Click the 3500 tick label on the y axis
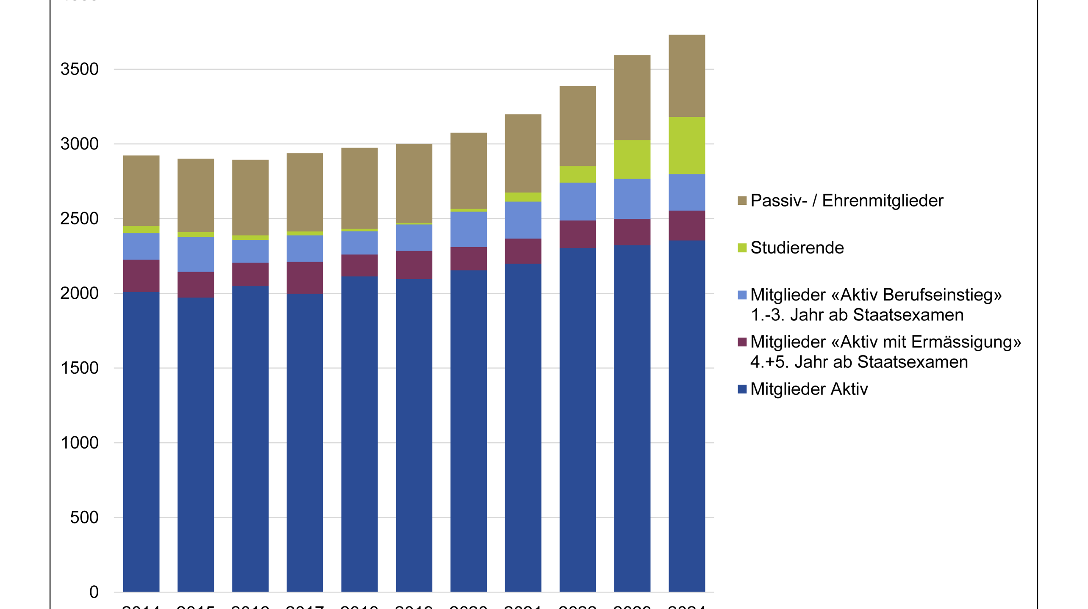point(79,69)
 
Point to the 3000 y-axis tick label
point(79,144)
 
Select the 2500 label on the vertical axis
point(79,219)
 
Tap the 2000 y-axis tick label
point(79,293)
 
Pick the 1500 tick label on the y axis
point(79,368)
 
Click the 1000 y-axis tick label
point(79,443)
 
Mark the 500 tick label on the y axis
point(84,518)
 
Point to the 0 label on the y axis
point(94,592)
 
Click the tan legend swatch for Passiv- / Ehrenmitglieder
point(742,201)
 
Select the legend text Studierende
point(797,248)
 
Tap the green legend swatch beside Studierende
point(742,248)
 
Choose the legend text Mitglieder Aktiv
point(809,389)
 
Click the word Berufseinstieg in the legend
point(942,295)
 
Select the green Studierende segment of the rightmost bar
point(687,145)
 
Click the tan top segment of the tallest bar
point(687,76)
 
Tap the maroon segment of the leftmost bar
point(141,276)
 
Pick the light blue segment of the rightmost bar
point(687,192)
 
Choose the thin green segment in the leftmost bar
point(141,230)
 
